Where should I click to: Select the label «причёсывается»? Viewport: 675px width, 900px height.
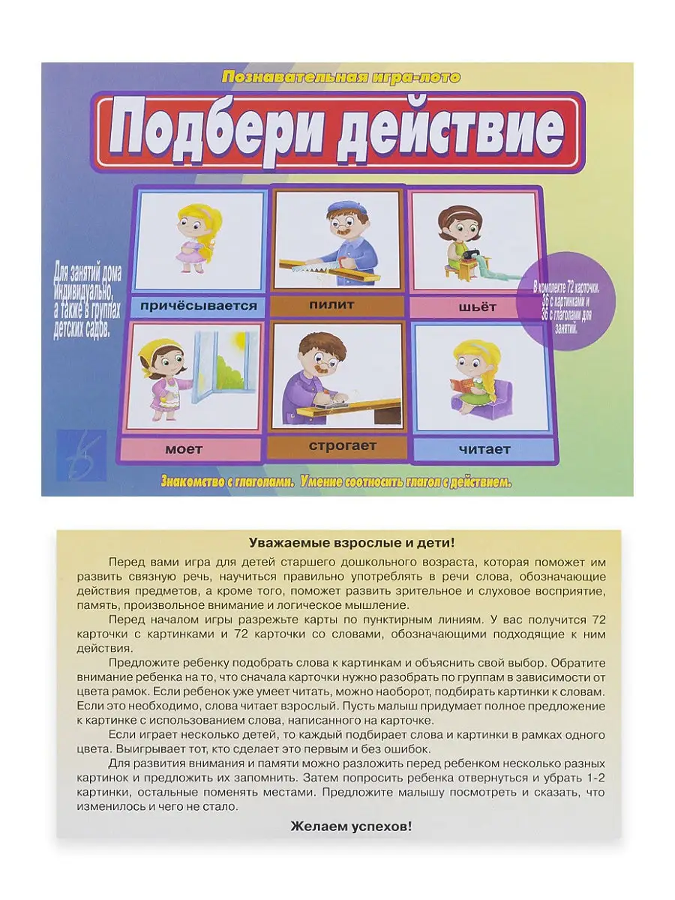click(199, 305)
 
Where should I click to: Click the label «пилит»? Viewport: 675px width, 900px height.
click(331, 304)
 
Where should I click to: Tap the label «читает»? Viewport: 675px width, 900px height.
click(484, 449)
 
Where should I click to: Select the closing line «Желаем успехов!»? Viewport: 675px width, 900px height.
click(351, 826)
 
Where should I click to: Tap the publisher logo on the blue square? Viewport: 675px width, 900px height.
click(81, 454)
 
